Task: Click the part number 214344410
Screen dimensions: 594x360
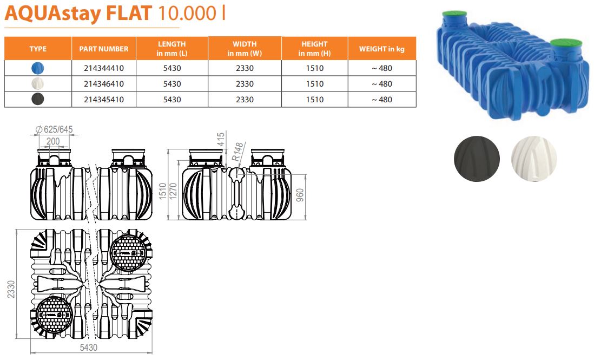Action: click(x=104, y=68)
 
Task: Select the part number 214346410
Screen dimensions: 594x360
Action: click(x=104, y=84)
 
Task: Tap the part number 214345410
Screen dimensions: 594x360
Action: click(x=104, y=100)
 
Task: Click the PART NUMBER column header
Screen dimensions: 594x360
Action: click(x=104, y=49)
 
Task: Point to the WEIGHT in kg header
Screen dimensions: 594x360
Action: click(x=382, y=49)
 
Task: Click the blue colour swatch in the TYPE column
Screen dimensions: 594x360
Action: click(x=37, y=68)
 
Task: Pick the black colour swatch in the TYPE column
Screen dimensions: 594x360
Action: click(x=37, y=99)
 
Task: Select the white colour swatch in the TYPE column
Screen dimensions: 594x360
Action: click(x=37, y=84)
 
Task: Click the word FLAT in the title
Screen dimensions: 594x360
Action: click(x=129, y=13)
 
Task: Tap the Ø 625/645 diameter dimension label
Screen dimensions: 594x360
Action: click(x=54, y=129)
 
